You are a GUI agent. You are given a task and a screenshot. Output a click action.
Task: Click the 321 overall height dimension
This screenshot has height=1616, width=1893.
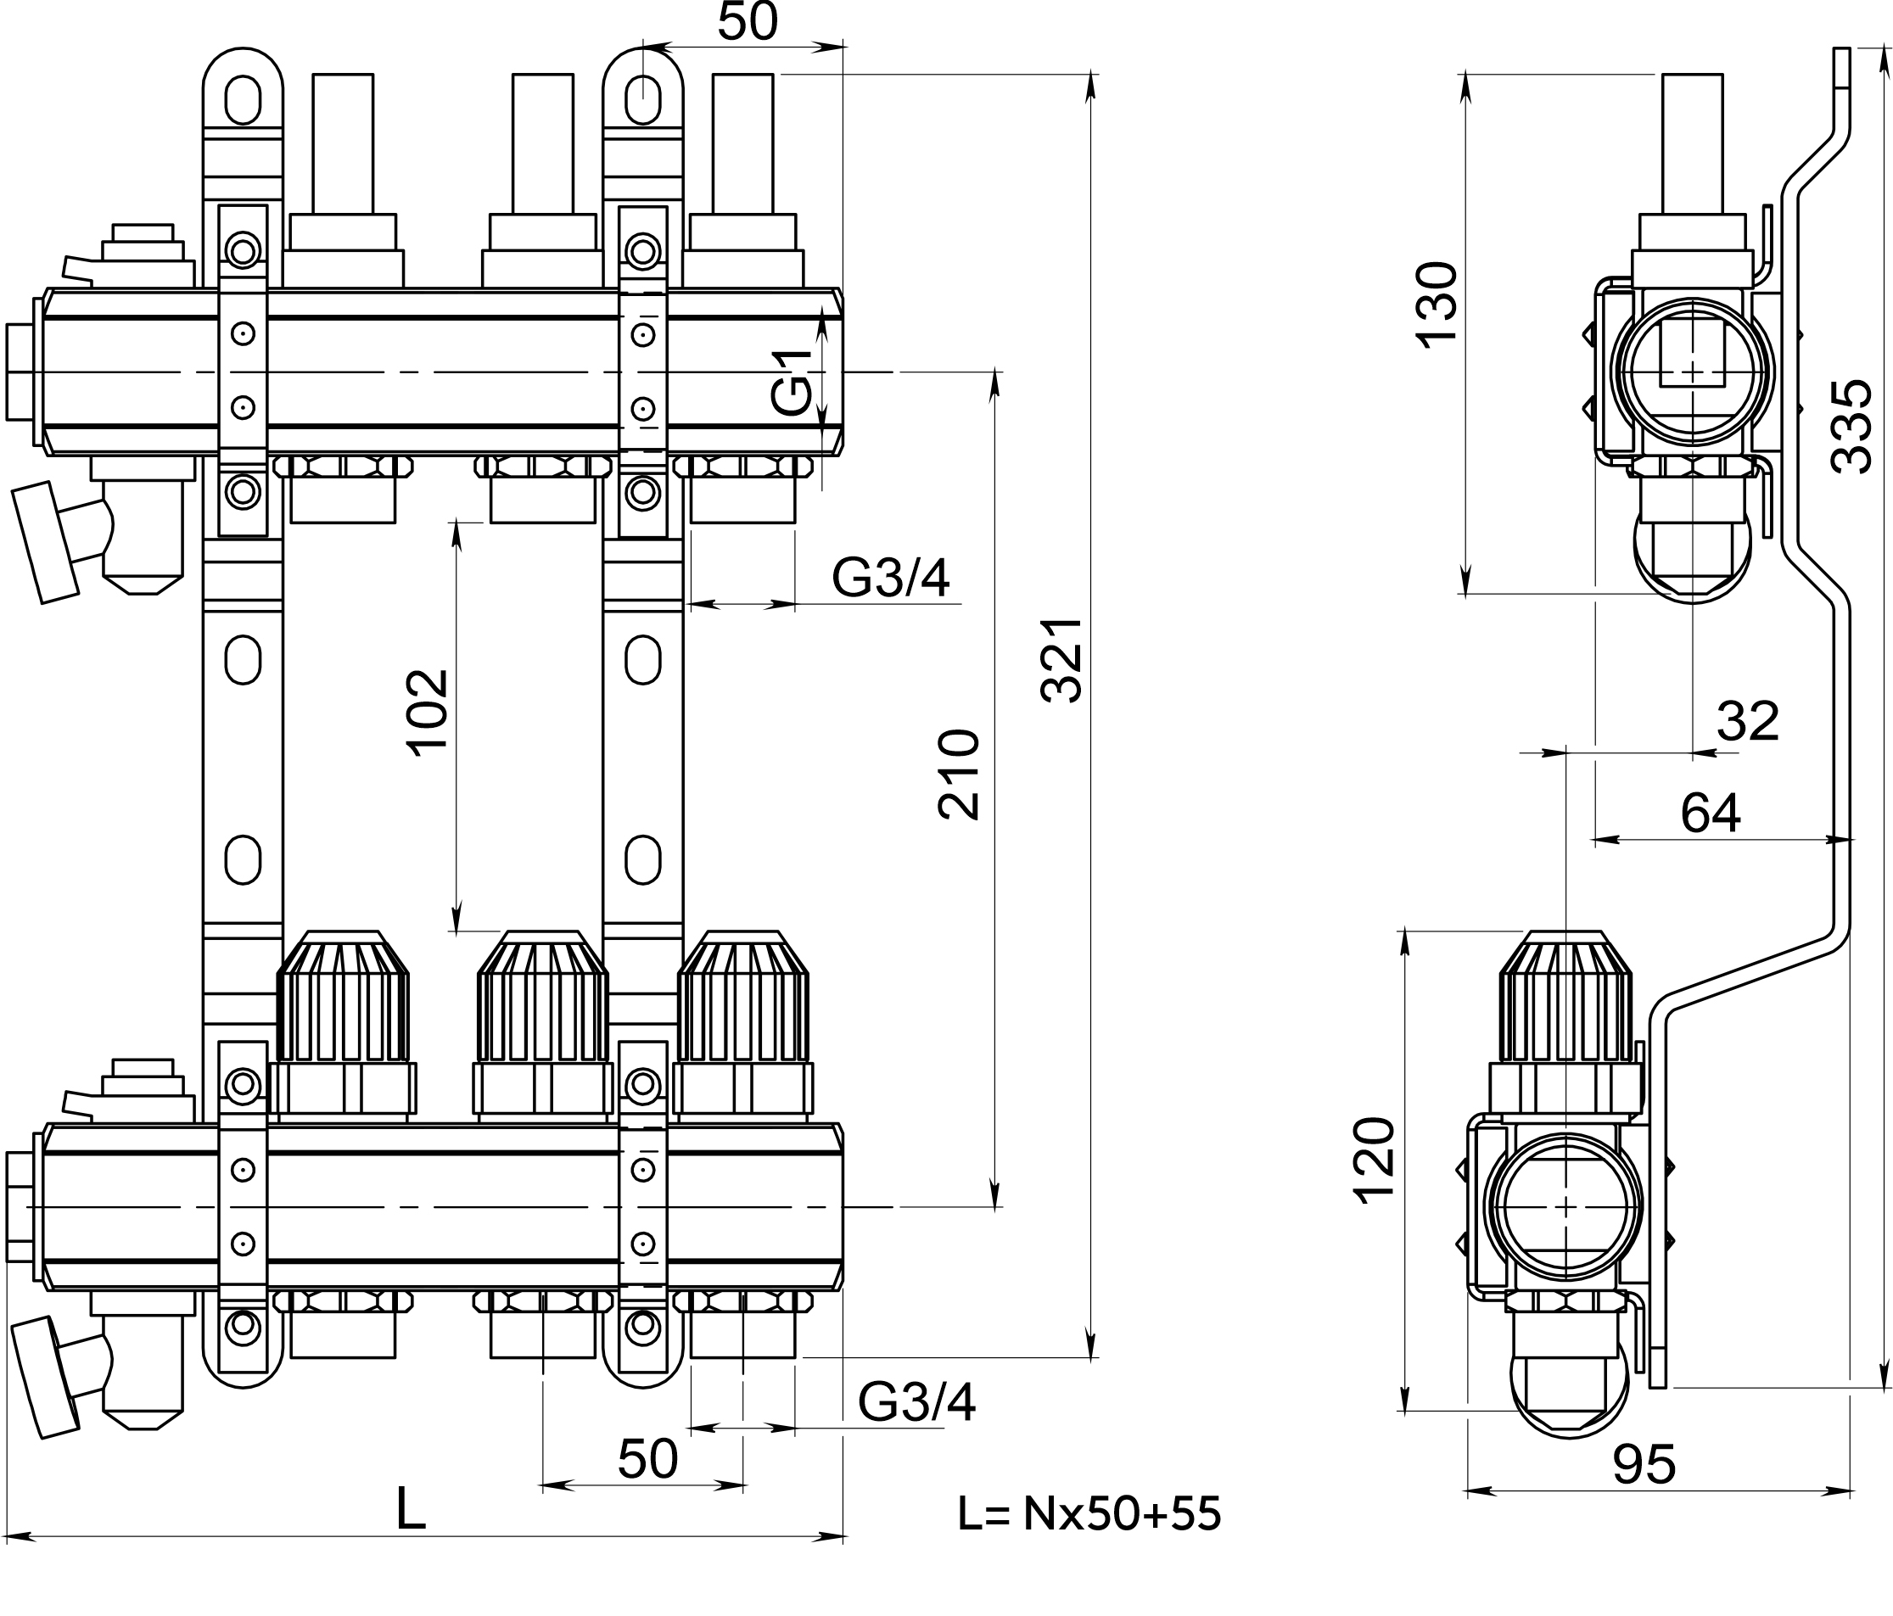point(1061,661)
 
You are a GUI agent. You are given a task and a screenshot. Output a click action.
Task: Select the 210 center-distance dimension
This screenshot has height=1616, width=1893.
point(960,774)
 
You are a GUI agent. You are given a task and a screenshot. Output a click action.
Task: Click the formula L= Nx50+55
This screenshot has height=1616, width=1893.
point(1089,1513)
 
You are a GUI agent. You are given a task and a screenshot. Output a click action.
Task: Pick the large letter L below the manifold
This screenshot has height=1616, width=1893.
point(412,1510)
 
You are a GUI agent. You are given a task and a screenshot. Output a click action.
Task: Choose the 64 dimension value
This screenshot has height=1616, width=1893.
point(1711,812)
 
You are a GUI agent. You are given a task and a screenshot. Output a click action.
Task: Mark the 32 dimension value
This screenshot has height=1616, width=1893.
point(1748,721)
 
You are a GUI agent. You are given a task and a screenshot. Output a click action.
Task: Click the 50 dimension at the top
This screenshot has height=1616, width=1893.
point(748,22)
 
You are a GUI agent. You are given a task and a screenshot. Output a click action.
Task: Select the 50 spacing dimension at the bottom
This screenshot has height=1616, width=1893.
point(647,1459)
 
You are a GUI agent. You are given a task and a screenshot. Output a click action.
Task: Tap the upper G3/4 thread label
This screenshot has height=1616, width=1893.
point(891,578)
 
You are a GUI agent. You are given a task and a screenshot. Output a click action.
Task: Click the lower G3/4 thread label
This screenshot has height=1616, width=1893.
point(916,1401)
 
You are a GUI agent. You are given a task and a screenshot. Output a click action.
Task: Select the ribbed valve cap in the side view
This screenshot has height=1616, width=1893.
point(1565,998)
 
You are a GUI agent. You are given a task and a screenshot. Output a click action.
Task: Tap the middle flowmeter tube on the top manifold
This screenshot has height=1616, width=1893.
point(543,143)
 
